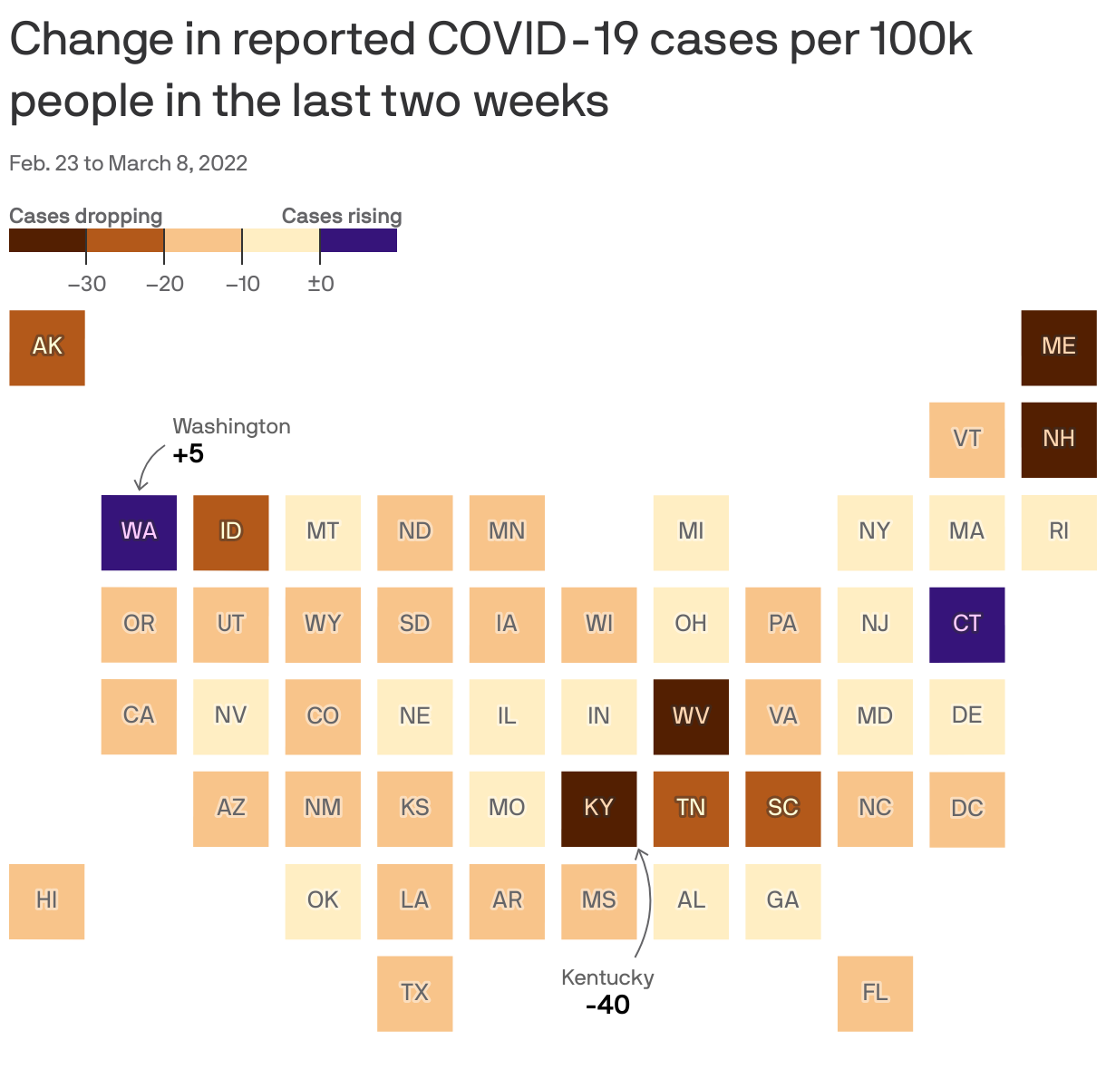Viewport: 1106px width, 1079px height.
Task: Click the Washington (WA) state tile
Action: pos(139,532)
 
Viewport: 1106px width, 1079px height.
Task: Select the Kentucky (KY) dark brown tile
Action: pos(598,808)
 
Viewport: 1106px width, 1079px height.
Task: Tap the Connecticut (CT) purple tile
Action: pos(966,625)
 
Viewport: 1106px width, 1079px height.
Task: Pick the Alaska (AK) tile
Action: pos(47,347)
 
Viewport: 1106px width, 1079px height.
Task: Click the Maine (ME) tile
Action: pos(1058,347)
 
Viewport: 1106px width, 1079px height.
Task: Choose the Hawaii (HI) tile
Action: pos(47,900)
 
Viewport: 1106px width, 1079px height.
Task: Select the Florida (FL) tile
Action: pos(875,993)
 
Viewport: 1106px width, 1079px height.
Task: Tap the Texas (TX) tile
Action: pos(414,993)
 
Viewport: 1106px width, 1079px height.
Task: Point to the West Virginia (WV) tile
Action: pos(691,716)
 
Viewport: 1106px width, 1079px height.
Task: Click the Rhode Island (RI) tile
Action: pos(1058,532)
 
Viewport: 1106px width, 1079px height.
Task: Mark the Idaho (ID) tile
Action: pos(230,532)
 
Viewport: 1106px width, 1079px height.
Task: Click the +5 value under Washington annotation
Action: pos(189,454)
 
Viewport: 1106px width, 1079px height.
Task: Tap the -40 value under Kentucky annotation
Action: pos(607,1006)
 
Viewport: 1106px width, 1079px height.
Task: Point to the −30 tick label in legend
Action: pos(87,284)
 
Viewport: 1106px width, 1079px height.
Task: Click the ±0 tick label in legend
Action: pos(320,284)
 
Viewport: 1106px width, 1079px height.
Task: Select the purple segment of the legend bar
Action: pos(358,240)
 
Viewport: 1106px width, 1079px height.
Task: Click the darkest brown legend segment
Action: pos(47,240)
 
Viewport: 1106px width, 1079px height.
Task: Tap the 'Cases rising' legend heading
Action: pos(342,216)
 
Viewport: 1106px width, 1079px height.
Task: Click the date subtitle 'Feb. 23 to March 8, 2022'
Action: pos(128,163)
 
